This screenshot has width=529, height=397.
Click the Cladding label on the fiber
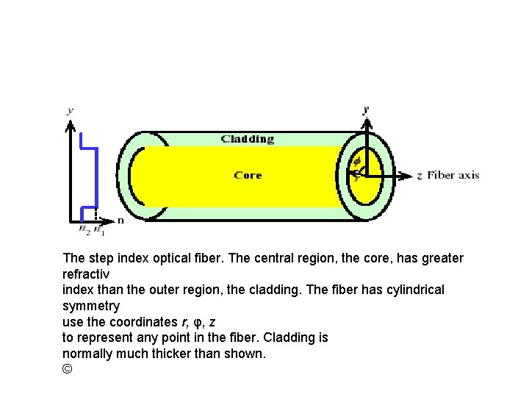coord(248,139)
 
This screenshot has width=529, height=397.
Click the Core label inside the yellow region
coord(248,175)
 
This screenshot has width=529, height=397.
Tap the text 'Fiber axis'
coord(453,175)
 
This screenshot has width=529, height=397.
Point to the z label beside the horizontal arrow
coord(419,176)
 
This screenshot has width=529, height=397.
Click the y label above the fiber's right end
coord(365,110)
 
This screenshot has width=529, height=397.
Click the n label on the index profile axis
coord(120,220)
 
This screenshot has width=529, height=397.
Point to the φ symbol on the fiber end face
coord(357,161)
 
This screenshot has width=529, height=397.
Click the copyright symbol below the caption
coord(68,368)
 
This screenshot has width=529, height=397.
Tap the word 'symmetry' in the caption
coord(91,305)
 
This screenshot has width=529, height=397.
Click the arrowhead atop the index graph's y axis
coord(71,127)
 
